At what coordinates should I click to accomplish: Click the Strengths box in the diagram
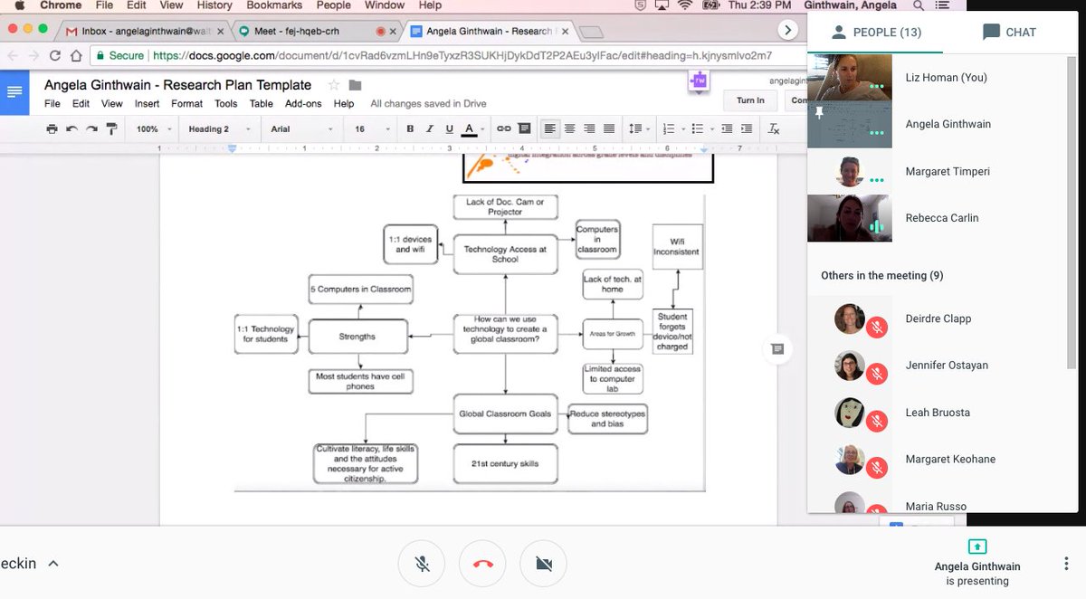(357, 336)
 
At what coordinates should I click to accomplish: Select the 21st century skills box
(504, 463)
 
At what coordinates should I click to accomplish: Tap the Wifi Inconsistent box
(677, 246)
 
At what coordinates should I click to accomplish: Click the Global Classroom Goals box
(504, 414)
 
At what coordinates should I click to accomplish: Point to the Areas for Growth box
(612, 335)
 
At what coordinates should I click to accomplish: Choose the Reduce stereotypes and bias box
(608, 418)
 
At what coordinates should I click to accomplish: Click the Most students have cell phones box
(359, 381)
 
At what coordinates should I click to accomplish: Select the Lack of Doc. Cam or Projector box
(506, 206)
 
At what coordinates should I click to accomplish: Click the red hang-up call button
(482, 564)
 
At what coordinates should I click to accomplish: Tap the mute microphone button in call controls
(422, 564)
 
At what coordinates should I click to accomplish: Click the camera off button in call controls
(543, 564)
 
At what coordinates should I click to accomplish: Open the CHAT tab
(1009, 33)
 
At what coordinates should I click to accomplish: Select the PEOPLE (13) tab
(875, 33)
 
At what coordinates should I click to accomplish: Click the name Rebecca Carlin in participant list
(941, 218)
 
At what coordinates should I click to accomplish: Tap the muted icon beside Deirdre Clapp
(875, 327)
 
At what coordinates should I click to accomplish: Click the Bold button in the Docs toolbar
(410, 129)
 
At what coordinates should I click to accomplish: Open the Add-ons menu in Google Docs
(302, 104)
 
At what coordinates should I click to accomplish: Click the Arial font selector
(294, 129)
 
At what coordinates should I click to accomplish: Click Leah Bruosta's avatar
(849, 412)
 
